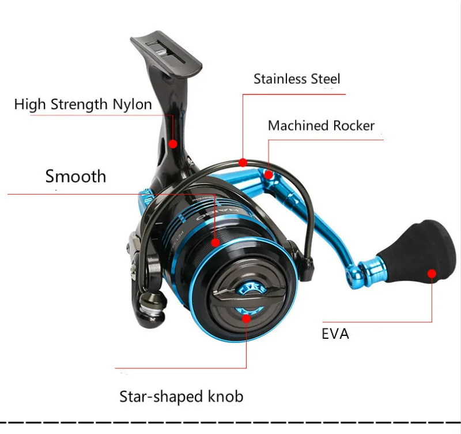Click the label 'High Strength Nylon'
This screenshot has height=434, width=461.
[83, 104]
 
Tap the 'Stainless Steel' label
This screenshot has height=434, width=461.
[297, 79]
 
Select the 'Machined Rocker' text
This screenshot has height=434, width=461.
[321, 126]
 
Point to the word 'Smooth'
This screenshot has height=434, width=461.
[75, 176]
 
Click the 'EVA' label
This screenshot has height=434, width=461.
[335, 334]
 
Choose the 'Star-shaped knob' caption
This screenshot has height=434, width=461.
[181, 396]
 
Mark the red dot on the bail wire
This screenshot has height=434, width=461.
[243, 162]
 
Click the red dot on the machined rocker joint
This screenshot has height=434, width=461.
[269, 173]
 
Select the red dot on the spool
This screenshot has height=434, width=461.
[216, 243]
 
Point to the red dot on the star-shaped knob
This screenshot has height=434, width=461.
[247, 317]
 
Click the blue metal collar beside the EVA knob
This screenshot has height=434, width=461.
[370, 267]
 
